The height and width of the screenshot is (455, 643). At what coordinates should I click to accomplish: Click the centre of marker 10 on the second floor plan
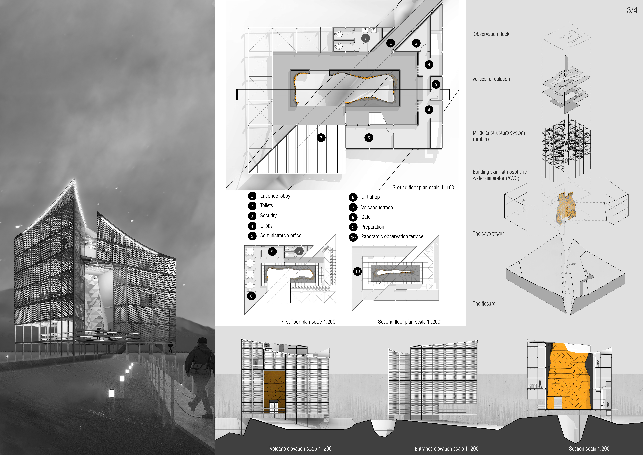coord(357,271)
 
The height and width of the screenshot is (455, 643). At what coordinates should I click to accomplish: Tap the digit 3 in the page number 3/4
coord(629,10)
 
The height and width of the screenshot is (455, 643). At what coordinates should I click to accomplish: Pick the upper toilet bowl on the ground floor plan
coord(339,34)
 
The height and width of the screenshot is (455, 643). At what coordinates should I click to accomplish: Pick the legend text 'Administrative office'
coord(281,236)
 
